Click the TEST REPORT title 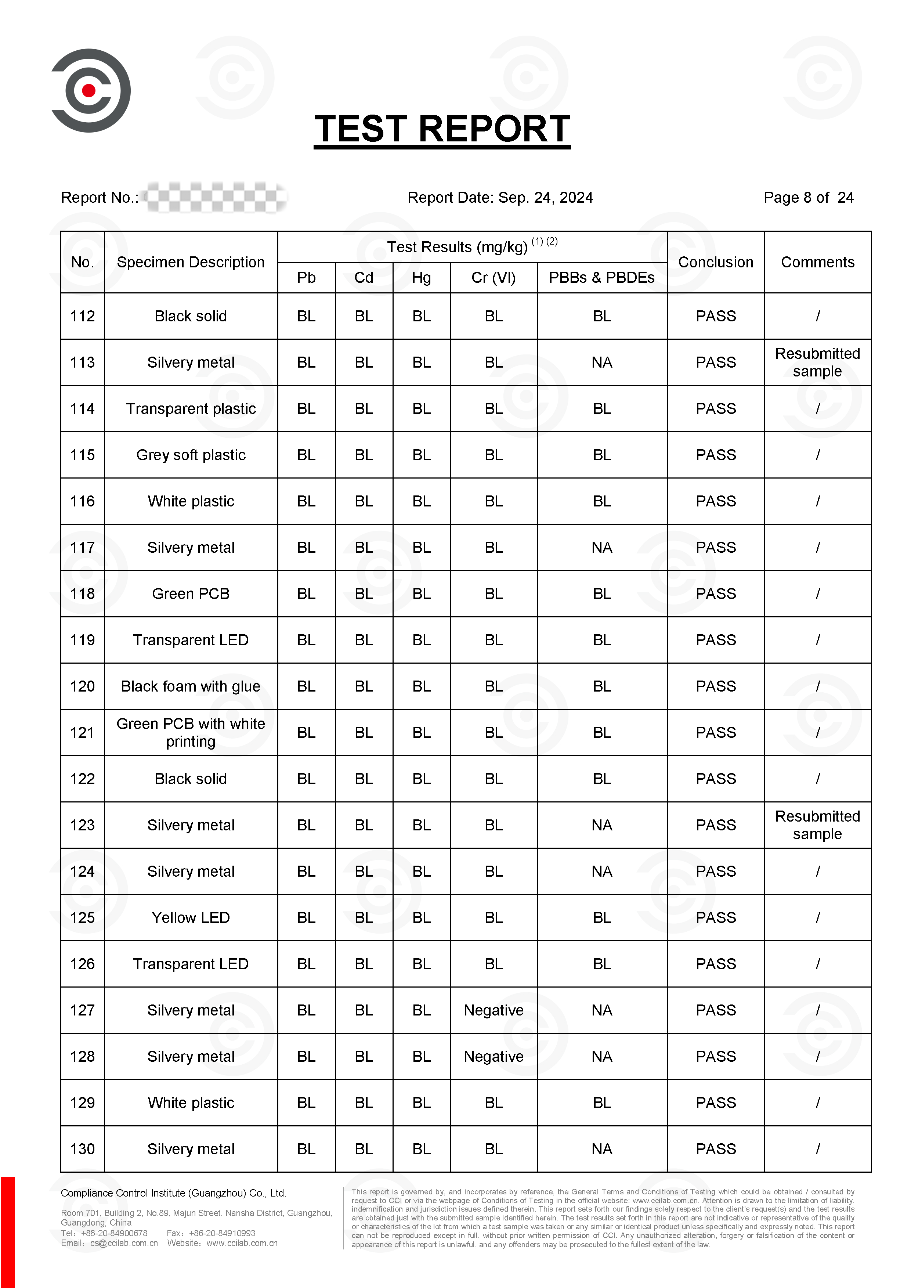442,129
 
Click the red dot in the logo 88,90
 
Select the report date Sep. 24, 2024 545,198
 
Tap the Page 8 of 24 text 808,198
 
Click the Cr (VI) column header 493,278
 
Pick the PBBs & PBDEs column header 601,278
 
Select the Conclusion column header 715,262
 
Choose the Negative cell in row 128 493,1056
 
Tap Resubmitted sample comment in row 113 817,362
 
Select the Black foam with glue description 191,686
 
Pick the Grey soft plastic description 191,455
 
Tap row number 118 83,594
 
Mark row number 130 83,1149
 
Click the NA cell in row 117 601,548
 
